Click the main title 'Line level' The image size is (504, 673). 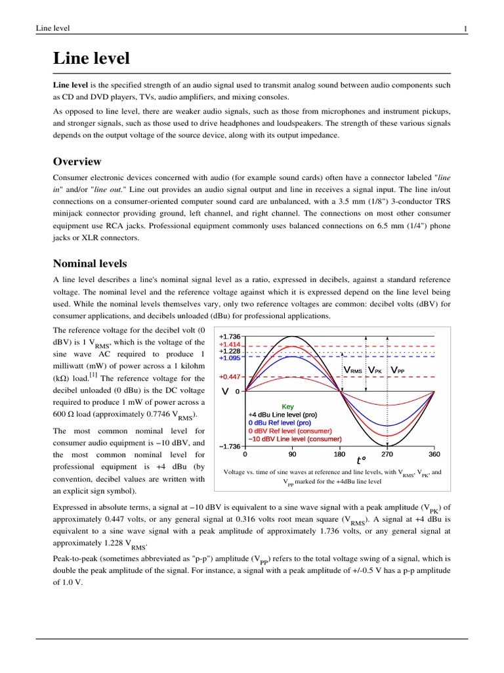tap(91, 58)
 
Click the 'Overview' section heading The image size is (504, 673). tap(77, 162)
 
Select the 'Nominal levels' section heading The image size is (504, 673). tap(90, 264)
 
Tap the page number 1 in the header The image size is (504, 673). tap(465, 28)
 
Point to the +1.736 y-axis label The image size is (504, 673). tap(230, 336)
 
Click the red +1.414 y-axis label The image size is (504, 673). tap(230, 344)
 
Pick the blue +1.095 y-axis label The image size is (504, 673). tap(230, 358)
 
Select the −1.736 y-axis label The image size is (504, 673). tap(230, 447)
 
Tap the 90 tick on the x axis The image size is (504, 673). tap(292, 454)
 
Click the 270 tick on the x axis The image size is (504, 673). tap(387, 454)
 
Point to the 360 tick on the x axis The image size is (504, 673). tap(434, 454)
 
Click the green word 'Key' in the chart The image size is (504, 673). tap(289, 407)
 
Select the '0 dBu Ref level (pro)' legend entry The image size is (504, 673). tap(280, 423)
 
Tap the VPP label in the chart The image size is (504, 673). tap(397, 371)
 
